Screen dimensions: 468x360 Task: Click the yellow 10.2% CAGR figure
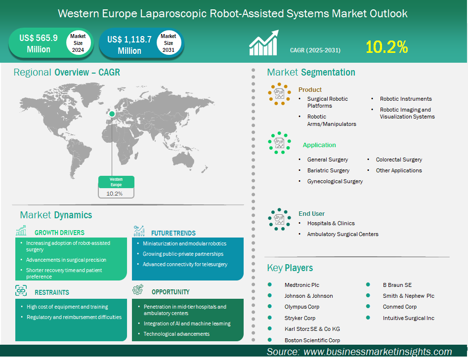coord(386,47)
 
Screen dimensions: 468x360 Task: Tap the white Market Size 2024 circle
coord(78,43)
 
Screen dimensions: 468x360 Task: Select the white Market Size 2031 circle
coord(169,43)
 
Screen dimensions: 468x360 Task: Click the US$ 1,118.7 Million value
coord(129,45)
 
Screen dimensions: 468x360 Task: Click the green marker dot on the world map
coord(112,114)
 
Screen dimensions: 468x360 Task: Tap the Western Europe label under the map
coord(116,182)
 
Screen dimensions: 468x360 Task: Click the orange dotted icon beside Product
coord(279,94)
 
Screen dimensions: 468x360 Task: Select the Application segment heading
coord(319,145)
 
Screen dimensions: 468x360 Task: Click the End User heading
coord(311,213)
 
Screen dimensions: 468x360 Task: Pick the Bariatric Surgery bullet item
coord(328,170)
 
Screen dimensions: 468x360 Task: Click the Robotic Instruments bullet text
coord(406,99)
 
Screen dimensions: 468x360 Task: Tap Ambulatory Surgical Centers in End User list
coord(342,234)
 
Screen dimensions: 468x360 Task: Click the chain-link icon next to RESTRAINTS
coord(21,290)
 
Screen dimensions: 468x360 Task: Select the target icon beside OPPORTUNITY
coord(138,289)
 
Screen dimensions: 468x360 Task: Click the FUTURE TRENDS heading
coord(173,233)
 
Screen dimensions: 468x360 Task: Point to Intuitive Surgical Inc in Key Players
coord(408,318)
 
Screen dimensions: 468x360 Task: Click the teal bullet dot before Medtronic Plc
coord(270,285)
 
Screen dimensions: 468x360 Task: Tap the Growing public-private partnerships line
coord(183,254)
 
